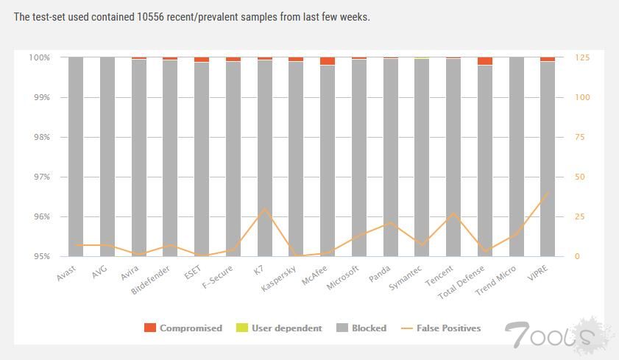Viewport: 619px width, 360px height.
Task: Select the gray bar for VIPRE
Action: point(548,158)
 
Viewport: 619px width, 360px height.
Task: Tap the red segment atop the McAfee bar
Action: point(328,61)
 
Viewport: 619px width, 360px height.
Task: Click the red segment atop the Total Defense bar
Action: point(485,61)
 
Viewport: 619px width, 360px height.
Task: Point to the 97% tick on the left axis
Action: point(39,177)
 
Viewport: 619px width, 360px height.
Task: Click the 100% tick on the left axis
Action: point(38,57)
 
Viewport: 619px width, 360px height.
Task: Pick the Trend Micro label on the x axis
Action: point(495,280)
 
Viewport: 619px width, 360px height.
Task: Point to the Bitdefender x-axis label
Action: point(152,280)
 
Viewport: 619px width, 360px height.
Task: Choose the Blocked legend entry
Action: point(361,328)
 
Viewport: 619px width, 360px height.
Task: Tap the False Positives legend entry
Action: point(441,328)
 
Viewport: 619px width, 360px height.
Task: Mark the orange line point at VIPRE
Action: point(548,193)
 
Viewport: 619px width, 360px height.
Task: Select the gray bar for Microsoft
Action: point(359,158)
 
